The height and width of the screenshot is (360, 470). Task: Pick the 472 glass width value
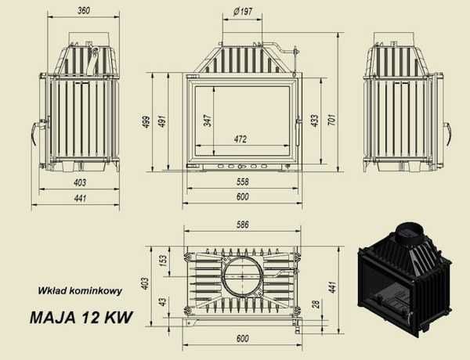point(241,139)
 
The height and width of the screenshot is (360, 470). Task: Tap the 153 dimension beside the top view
point(164,260)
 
